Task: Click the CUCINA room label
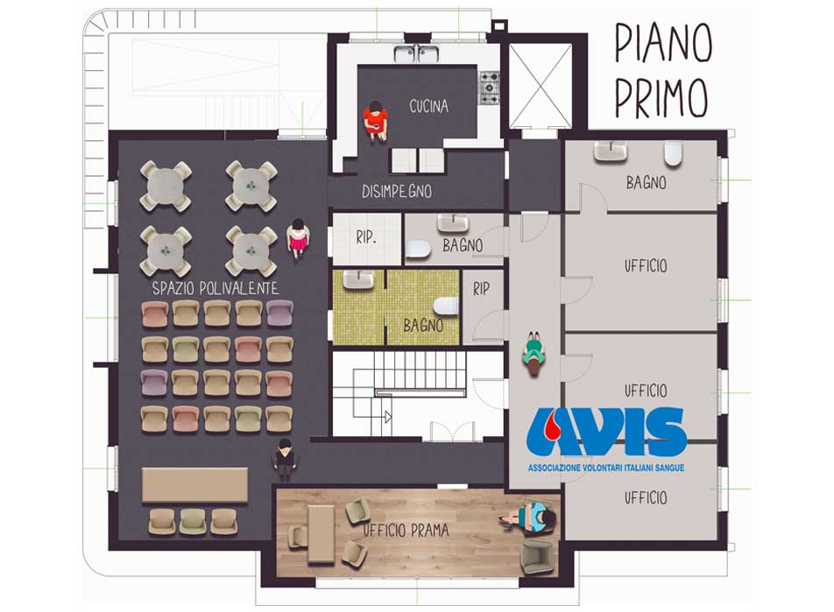tap(428, 106)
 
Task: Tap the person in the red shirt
tap(376, 121)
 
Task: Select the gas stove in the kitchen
tap(490, 88)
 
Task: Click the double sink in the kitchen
tap(416, 53)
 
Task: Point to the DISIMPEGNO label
tap(397, 192)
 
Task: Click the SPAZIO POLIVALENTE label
tap(216, 288)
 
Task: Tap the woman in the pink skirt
tap(298, 238)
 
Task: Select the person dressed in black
tap(285, 459)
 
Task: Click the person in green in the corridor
tap(534, 354)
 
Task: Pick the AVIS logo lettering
tap(606, 433)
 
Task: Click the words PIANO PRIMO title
tap(662, 70)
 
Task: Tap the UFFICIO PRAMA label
tap(406, 530)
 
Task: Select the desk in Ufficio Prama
tap(322, 534)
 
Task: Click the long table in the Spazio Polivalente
tap(194, 485)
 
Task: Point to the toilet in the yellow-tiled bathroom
tap(446, 306)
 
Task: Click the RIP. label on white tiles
tap(366, 237)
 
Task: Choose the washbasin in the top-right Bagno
tap(611, 151)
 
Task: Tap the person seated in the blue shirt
tap(530, 517)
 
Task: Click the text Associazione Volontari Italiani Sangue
tap(606, 468)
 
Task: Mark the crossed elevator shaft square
tap(541, 86)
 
